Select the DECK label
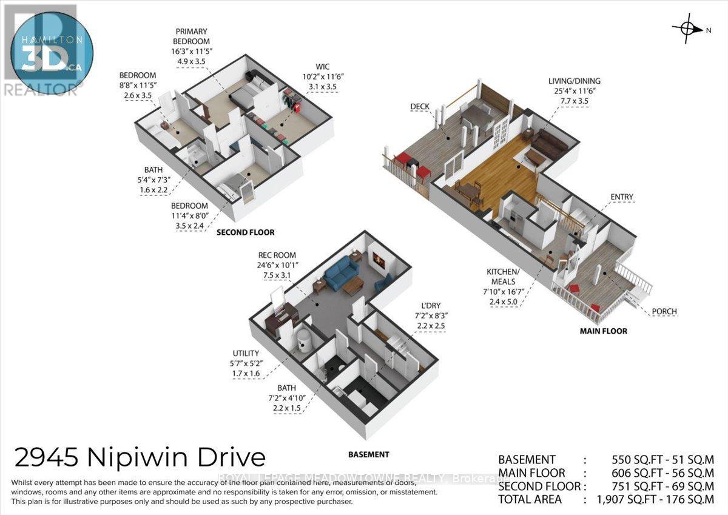pyautogui.click(x=419, y=107)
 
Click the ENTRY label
pyautogui.click(x=622, y=197)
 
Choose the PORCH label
pyautogui.click(x=665, y=312)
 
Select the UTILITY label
pyautogui.click(x=246, y=353)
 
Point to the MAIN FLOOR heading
pyautogui.click(x=602, y=331)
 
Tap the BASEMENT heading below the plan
pyautogui.click(x=368, y=454)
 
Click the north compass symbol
pyautogui.click(x=689, y=28)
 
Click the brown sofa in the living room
pyautogui.click(x=550, y=145)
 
